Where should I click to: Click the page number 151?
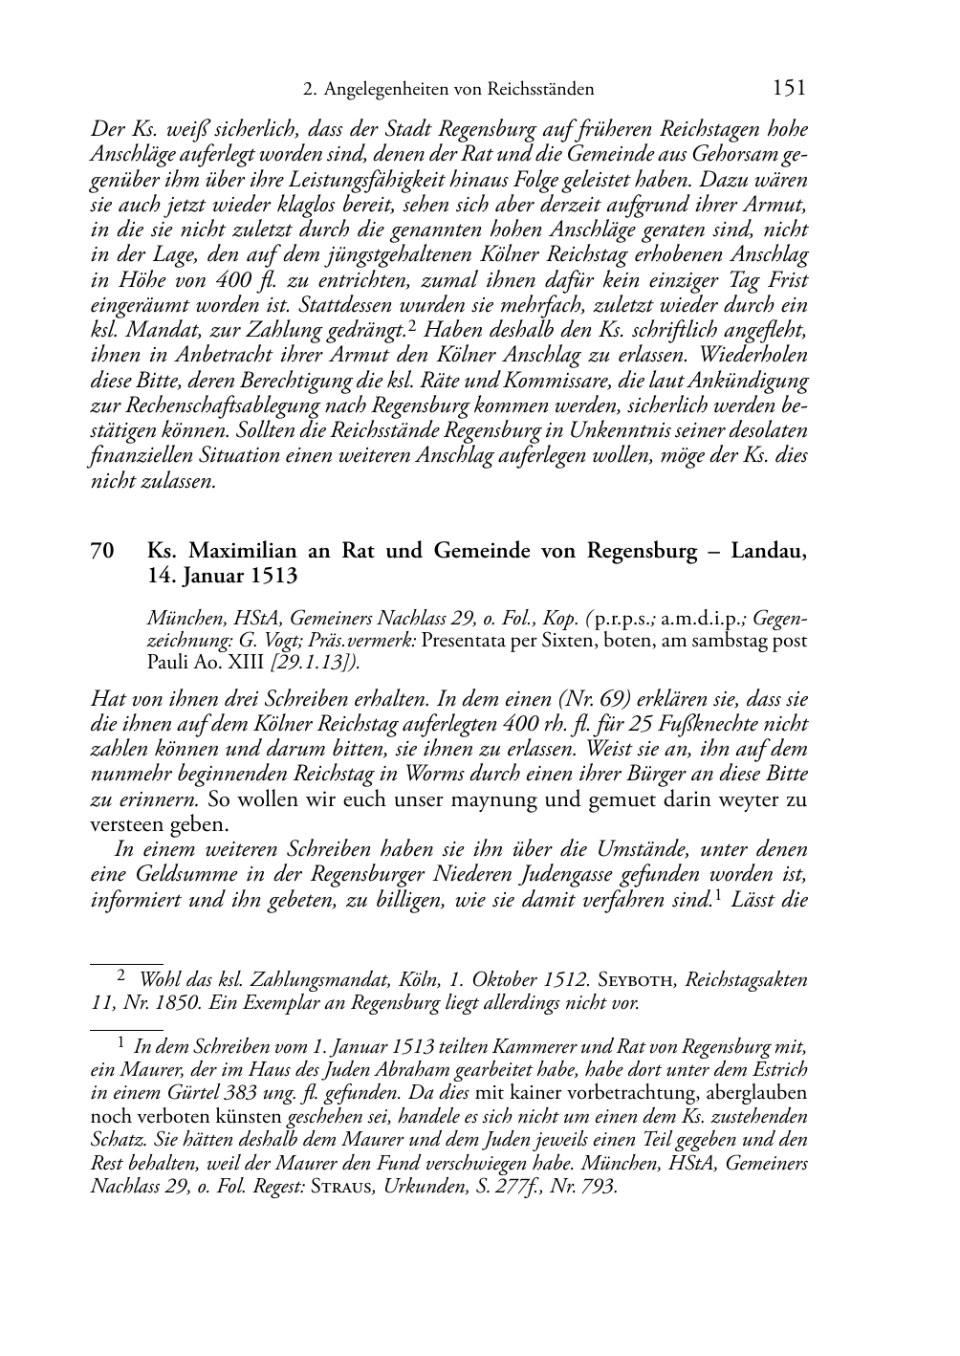[x=788, y=88]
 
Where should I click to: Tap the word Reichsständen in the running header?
[x=540, y=90]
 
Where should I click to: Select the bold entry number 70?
[x=103, y=552]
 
